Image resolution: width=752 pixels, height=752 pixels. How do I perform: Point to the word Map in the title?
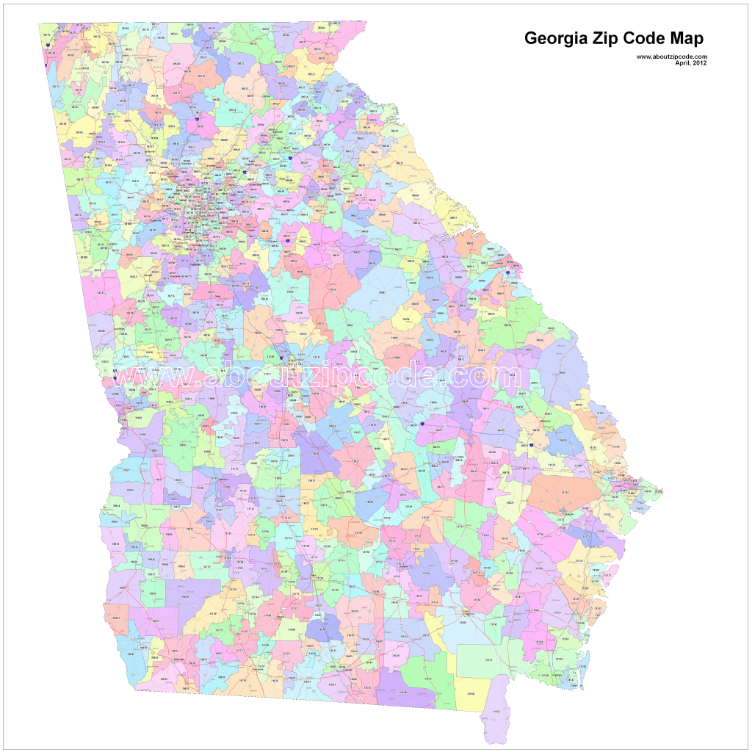[x=689, y=39]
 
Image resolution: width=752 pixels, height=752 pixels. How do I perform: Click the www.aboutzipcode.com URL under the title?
[x=671, y=57]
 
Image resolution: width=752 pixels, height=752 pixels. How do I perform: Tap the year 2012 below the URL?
[x=700, y=62]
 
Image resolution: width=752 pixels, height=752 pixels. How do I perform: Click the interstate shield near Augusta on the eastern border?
[x=507, y=272]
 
